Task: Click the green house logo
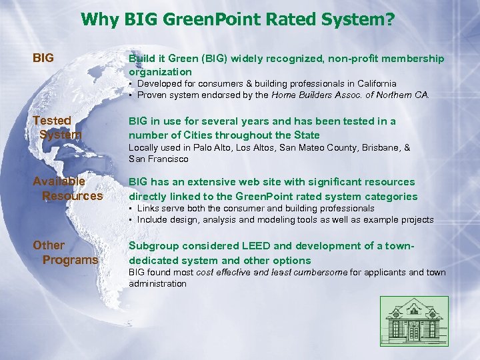[x=414, y=321]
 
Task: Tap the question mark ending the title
[x=389, y=20]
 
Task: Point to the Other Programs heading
[x=65, y=253]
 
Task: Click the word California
[x=373, y=84]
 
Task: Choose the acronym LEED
[x=245, y=246]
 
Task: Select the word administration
[x=157, y=283]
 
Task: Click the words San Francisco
[x=159, y=159]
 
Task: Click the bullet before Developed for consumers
[x=131, y=84]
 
